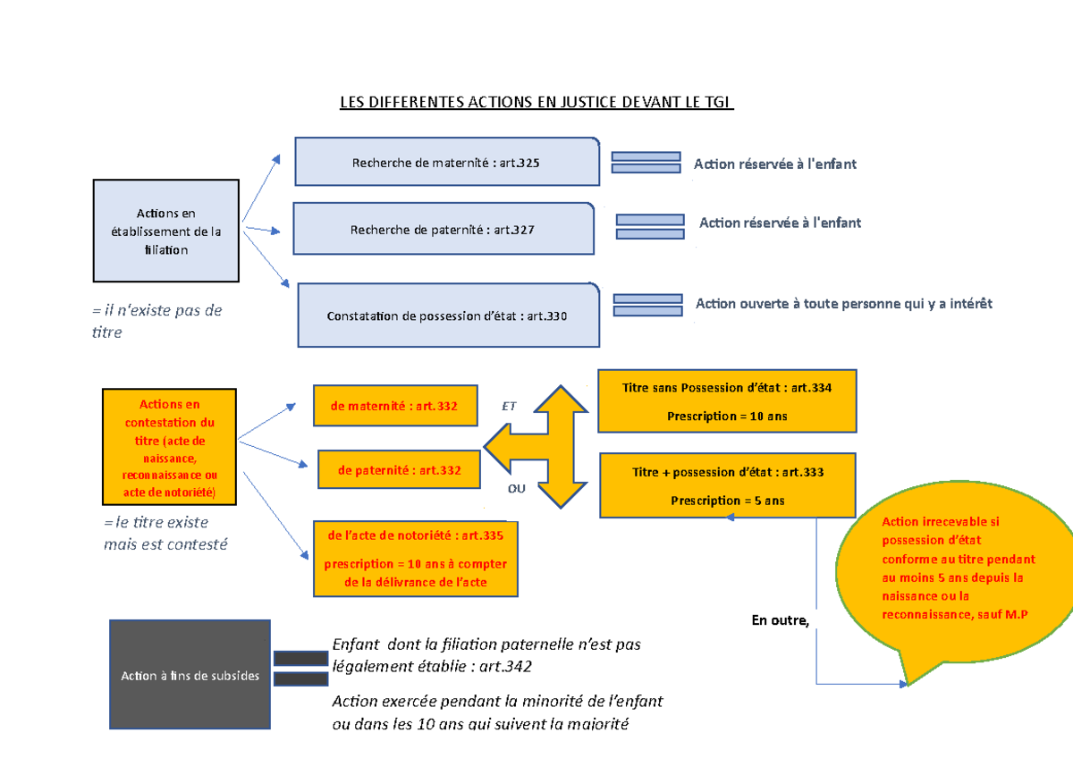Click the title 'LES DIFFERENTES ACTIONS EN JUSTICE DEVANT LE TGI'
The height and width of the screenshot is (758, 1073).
(x=536, y=102)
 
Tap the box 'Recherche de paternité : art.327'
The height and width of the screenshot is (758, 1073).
(x=444, y=229)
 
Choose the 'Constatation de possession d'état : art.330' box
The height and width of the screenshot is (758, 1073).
(x=447, y=316)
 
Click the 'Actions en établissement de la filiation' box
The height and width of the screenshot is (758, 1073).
(x=165, y=231)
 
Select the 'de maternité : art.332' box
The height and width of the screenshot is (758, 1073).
(x=394, y=406)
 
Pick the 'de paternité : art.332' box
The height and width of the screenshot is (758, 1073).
(x=399, y=469)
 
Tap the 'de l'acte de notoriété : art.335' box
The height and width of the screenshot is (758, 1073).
(x=415, y=559)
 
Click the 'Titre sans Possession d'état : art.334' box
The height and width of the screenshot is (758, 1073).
(x=727, y=401)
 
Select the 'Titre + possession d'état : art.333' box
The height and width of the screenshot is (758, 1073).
(x=727, y=485)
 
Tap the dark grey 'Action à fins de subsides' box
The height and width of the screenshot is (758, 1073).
(x=190, y=675)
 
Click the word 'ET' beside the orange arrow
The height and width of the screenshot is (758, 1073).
(x=510, y=406)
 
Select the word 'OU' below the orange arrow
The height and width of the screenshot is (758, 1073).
(x=517, y=489)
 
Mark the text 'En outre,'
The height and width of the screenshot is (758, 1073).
(x=780, y=620)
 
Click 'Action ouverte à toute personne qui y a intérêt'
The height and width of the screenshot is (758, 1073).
(x=844, y=304)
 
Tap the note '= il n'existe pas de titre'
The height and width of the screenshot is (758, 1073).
(x=156, y=321)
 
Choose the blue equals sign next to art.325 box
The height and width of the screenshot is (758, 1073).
(x=646, y=162)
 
